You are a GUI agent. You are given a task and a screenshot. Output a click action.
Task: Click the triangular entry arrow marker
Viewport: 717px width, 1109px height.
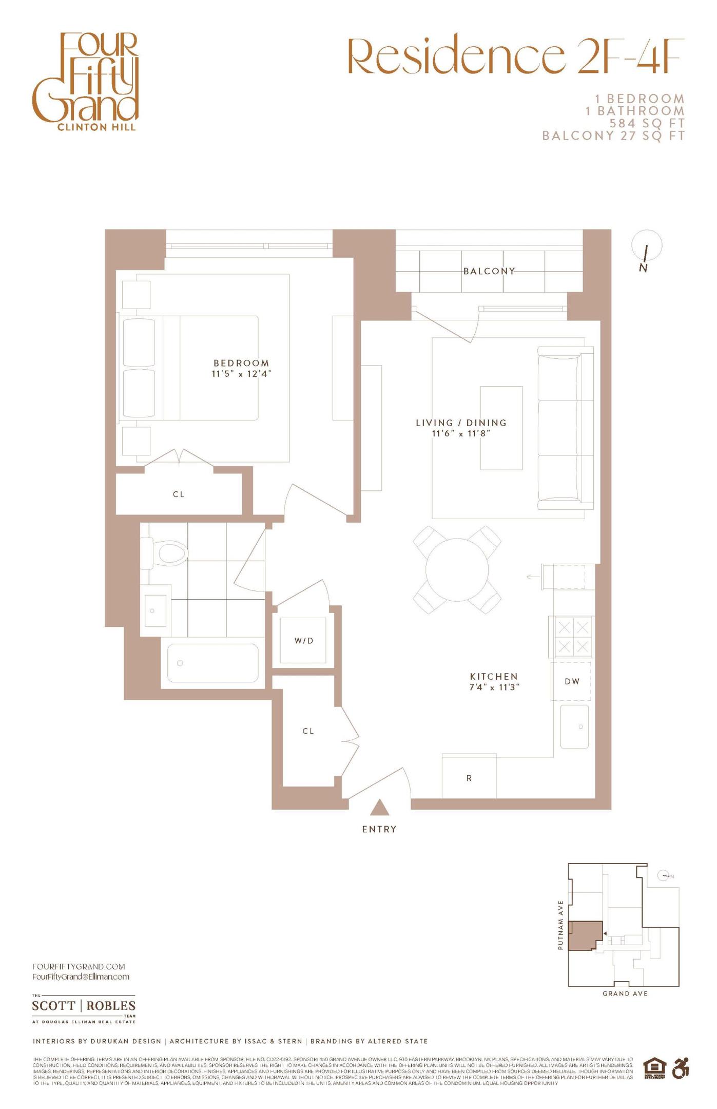coord(379,808)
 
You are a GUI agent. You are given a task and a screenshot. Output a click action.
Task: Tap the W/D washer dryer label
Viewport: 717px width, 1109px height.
coord(303,641)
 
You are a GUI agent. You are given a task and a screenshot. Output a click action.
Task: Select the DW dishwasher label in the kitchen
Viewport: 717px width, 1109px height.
coord(572,681)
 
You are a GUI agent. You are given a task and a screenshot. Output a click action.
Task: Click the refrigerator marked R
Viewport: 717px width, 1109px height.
coord(469,778)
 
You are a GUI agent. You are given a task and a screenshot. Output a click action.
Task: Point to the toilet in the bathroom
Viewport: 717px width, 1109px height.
coord(169,553)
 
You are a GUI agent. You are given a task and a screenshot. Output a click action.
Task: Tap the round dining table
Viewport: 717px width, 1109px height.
coord(457,569)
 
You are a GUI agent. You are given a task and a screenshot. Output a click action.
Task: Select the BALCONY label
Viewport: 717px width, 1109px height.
coord(489,271)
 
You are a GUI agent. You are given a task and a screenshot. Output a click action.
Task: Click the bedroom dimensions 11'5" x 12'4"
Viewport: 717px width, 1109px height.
coord(241,374)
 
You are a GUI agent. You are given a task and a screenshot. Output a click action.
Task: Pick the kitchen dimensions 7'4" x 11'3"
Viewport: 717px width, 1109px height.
coord(494,687)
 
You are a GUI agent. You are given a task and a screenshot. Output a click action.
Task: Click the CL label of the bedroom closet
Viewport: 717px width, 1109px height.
coord(179,494)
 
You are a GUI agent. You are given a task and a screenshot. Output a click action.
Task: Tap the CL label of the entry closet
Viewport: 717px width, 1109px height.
coord(308,731)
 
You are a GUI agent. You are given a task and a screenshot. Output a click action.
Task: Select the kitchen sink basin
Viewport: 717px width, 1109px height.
coord(574,726)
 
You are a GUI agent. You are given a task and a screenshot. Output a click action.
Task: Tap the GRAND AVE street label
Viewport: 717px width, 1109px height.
coord(625,993)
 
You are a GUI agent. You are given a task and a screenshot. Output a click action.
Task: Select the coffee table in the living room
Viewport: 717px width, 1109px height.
coord(501,428)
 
